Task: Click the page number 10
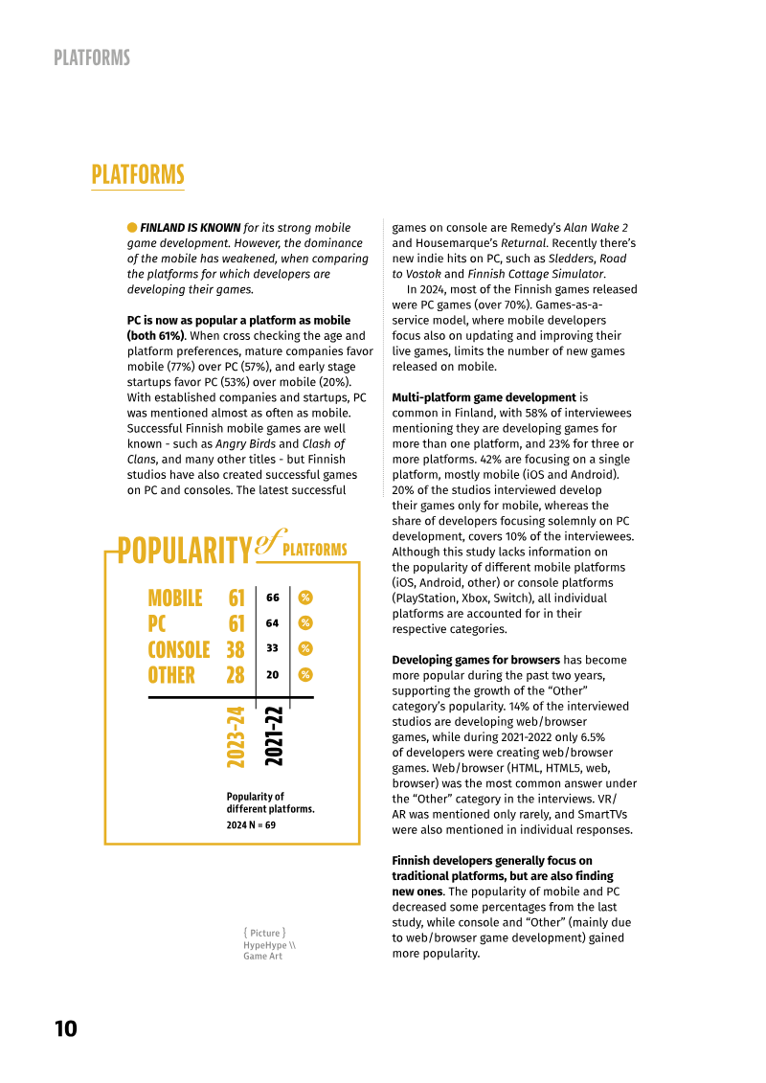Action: pos(65,1029)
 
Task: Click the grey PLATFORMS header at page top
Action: pos(92,58)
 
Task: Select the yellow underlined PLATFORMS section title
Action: pos(138,175)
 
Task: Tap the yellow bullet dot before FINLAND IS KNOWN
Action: pos(132,227)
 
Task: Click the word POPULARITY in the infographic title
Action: pos(184,551)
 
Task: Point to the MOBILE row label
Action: pos(174,598)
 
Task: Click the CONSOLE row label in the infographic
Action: pos(178,649)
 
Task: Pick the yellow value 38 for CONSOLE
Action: pos(236,649)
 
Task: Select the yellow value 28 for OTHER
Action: pos(236,675)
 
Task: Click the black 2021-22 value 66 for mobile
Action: pos(273,598)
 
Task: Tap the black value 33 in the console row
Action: pos(273,648)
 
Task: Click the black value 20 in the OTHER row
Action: pos(273,674)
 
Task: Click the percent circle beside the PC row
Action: pos(305,623)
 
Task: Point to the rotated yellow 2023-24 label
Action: pos(237,736)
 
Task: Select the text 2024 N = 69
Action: pos(251,824)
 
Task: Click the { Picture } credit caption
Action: pos(264,932)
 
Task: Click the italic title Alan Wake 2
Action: pos(596,228)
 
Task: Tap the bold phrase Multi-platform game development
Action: pos(484,397)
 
